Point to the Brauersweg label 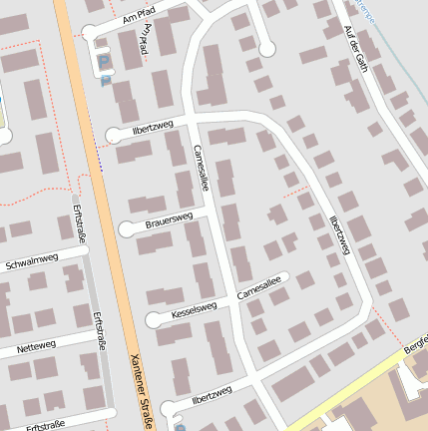[x=169, y=219]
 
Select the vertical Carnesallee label [x=201, y=166]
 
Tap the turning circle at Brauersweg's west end [x=127, y=229]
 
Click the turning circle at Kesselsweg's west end [x=154, y=319]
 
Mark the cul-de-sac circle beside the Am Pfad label [x=92, y=33]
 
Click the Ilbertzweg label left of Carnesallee [x=153, y=127]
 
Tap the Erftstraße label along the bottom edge [x=46, y=424]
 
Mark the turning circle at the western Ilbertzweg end [x=113, y=135]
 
